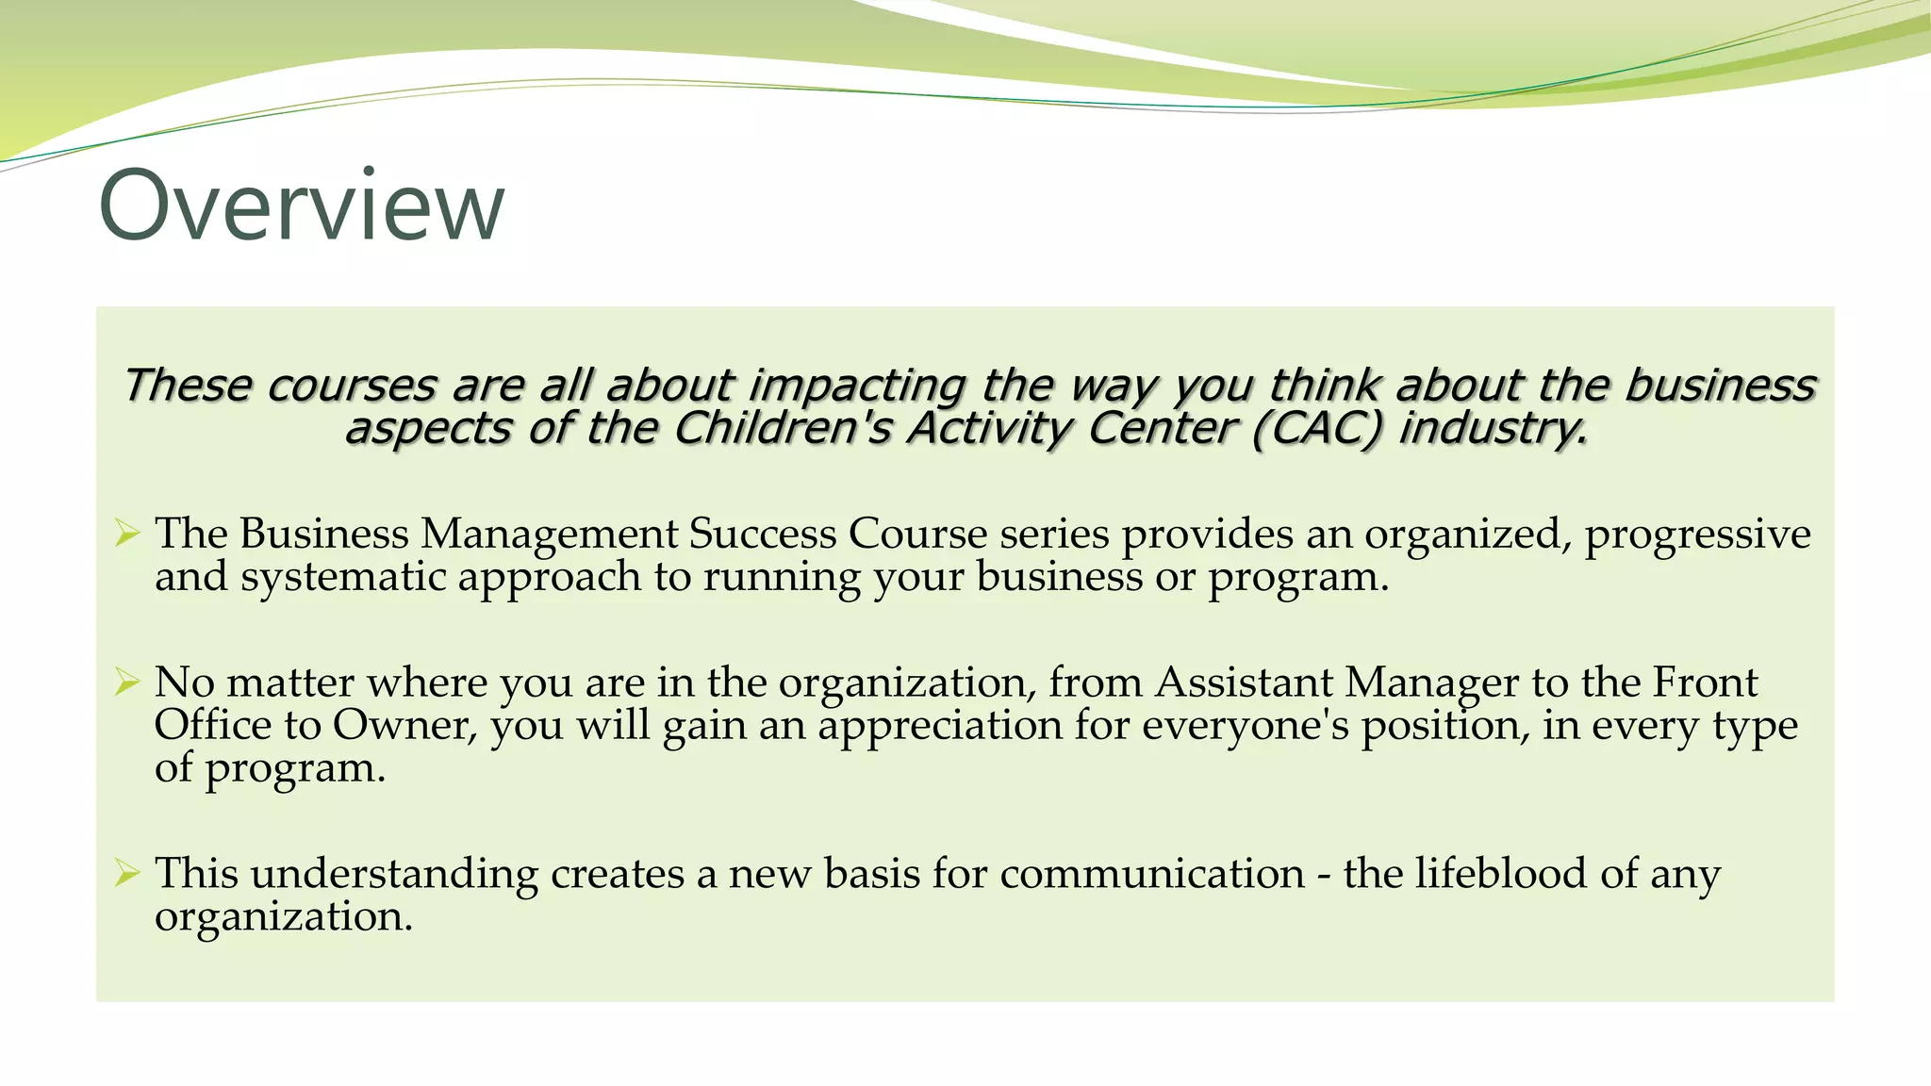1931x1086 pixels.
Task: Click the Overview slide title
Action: pos(302,206)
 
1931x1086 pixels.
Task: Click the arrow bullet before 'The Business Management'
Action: pos(127,534)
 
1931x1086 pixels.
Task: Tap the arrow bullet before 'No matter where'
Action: pos(127,682)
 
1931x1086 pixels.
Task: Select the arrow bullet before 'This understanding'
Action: pos(127,873)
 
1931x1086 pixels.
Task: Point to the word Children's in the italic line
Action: pos(782,429)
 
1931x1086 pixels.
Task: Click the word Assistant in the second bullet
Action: pos(1244,682)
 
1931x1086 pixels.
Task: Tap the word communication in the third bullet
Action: pos(1152,873)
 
